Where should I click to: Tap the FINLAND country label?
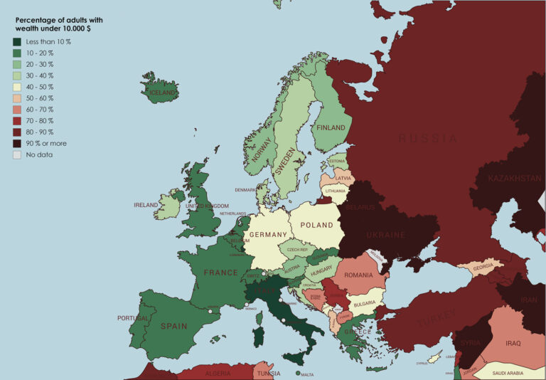(x=331, y=128)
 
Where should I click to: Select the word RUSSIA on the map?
(x=427, y=138)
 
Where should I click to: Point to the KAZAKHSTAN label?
(x=515, y=178)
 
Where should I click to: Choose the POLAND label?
(x=316, y=225)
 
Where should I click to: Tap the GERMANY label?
(x=268, y=235)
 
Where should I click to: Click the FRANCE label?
(x=220, y=273)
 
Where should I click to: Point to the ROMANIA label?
(x=358, y=275)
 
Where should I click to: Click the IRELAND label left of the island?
(x=146, y=205)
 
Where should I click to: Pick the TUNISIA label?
(x=268, y=373)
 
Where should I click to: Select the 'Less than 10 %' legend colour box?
(x=16, y=42)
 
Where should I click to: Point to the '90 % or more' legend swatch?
(x=16, y=143)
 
